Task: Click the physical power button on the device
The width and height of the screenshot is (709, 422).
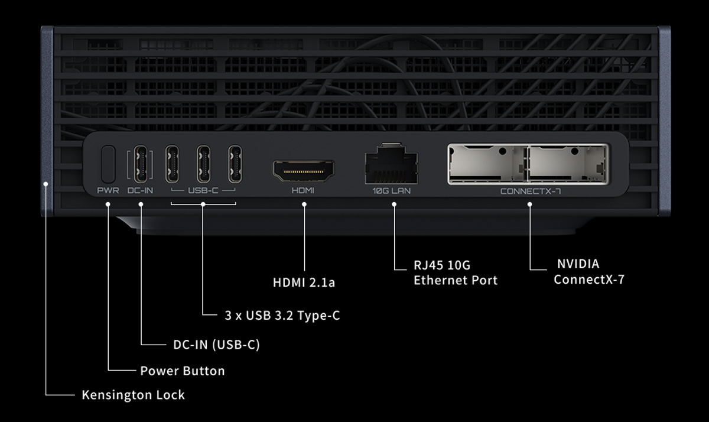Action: pyautogui.click(x=108, y=164)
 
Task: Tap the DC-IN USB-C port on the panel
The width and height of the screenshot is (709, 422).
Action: pyautogui.click(x=141, y=164)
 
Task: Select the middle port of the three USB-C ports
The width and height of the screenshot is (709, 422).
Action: pyautogui.click(x=203, y=164)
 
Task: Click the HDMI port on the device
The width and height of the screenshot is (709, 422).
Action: pyautogui.click(x=303, y=170)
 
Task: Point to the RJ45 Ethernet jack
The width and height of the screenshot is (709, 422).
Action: pyautogui.click(x=392, y=166)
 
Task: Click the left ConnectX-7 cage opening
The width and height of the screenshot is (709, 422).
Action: pyautogui.click(x=487, y=163)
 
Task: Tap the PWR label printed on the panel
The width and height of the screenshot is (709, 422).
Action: pyautogui.click(x=108, y=191)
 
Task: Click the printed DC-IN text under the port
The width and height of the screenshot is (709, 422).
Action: pyautogui.click(x=141, y=191)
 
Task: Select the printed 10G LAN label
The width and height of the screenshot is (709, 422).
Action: pyautogui.click(x=392, y=191)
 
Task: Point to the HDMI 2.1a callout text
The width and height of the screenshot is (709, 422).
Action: pyautogui.click(x=304, y=283)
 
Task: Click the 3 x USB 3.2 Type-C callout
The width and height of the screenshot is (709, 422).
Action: pyautogui.click(x=282, y=316)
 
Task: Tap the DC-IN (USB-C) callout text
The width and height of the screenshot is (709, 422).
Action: pyautogui.click(x=216, y=344)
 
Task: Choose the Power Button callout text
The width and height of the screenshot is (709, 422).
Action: pyautogui.click(x=182, y=371)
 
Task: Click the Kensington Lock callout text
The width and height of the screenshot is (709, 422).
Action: pyautogui.click(x=133, y=395)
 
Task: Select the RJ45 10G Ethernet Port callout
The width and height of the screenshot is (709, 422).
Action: pyautogui.click(x=456, y=272)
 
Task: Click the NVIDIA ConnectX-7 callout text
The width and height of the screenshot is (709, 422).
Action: pyautogui.click(x=588, y=271)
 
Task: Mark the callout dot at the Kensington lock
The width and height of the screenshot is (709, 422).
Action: pyautogui.click(x=45, y=184)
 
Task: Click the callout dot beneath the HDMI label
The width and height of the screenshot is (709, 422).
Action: pyautogui.click(x=304, y=204)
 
